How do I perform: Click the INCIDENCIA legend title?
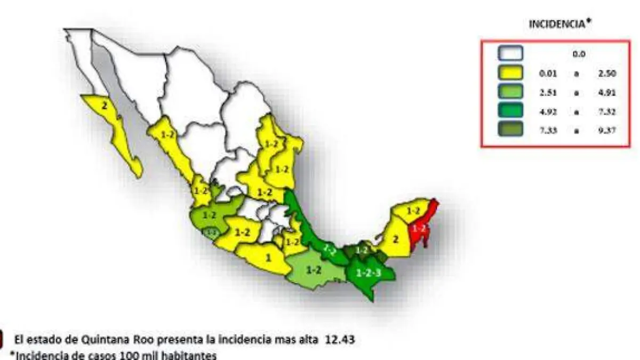coord(559,24)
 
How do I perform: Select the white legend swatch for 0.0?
coord(511,53)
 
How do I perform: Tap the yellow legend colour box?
coord(511,73)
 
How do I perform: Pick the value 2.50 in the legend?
coord(607,74)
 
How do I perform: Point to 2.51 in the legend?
coord(548,92)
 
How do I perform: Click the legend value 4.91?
coord(607,92)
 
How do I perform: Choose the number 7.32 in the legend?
coord(607,111)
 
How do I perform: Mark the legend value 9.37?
coord(607,130)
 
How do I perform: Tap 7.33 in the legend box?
coord(548,130)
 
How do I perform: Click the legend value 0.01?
coord(548,74)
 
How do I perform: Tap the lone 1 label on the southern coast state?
coord(268,257)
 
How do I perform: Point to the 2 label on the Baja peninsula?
coord(105,106)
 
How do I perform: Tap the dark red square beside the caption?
coord(2,339)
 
